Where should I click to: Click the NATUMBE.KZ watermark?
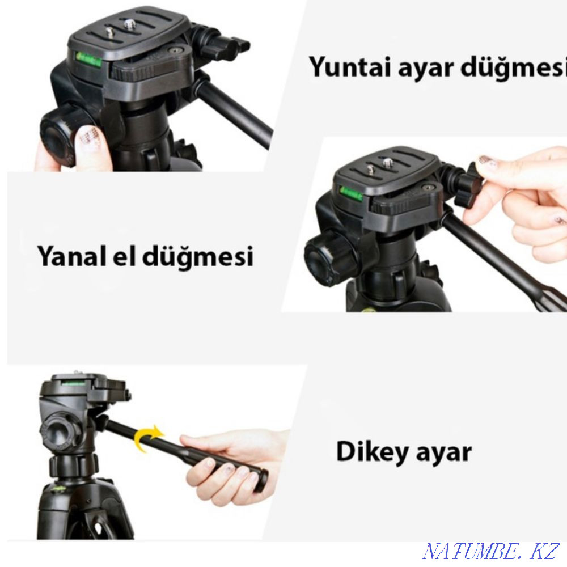(x=490, y=551)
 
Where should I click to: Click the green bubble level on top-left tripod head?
(x=88, y=59)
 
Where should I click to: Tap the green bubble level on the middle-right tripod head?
(x=350, y=193)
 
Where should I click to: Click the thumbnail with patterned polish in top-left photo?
(x=88, y=139)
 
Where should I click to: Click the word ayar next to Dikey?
(x=444, y=453)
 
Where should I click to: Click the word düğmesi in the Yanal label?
(x=197, y=256)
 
